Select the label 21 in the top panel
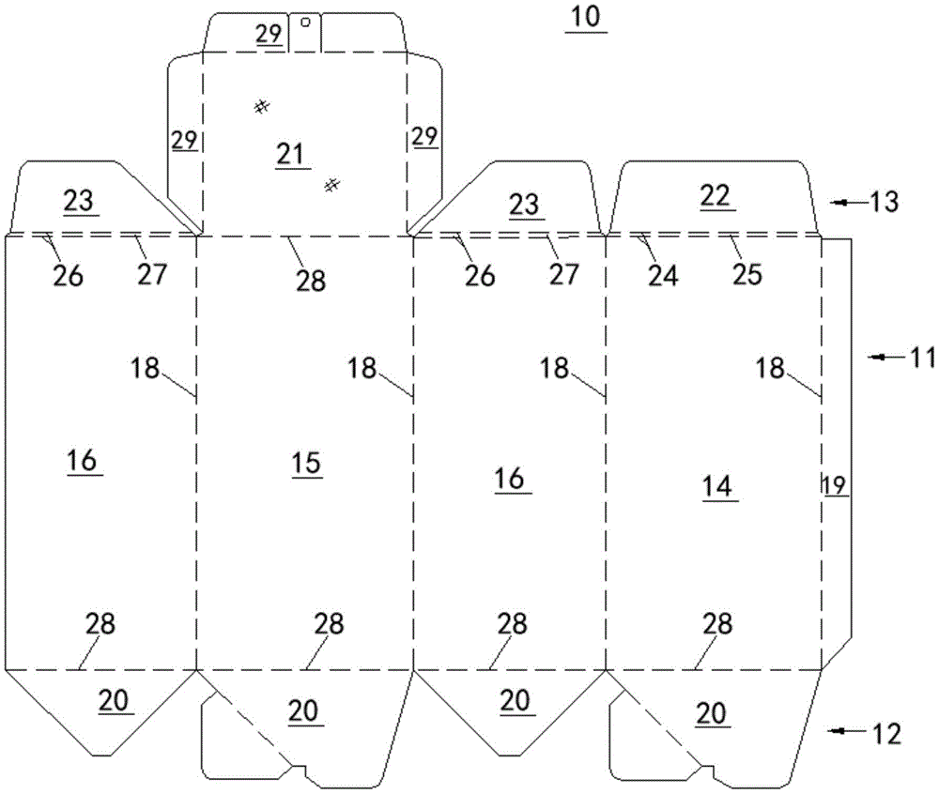pyautogui.click(x=291, y=153)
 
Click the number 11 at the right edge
pyautogui.click(x=917, y=357)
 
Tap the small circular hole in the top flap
pyautogui.click(x=305, y=18)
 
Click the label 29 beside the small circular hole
pyautogui.click(x=269, y=35)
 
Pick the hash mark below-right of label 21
pyautogui.click(x=331, y=185)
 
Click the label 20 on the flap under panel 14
pyautogui.click(x=712, y=714)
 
